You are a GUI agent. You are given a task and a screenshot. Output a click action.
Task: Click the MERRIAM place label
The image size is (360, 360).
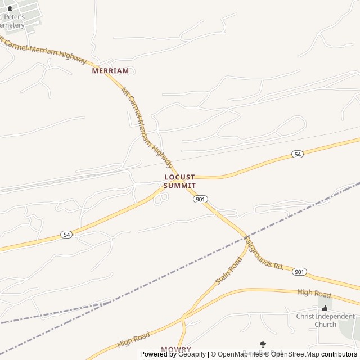(x=111, y=71)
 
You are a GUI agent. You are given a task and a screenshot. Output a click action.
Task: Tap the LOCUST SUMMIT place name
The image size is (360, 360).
(x=180, y=181)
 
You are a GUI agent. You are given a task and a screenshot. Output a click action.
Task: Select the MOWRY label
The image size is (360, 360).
(x=176, y=349)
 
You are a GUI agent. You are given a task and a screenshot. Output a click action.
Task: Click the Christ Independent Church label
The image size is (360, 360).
(x=325, y=320)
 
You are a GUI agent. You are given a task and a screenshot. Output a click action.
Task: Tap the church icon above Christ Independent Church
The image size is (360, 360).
(x=325, y=308)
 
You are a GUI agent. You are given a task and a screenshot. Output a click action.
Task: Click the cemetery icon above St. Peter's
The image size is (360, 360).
(x=10, y=8)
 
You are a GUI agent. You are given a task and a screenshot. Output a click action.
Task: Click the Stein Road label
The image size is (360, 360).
(x=228, y=270)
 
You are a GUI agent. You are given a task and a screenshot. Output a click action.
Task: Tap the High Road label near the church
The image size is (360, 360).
(x=314, y=293)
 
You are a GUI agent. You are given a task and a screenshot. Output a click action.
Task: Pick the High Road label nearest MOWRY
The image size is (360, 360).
(x=133, y=340)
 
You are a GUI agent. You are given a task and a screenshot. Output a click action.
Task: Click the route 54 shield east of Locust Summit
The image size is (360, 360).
(x=298, y=154)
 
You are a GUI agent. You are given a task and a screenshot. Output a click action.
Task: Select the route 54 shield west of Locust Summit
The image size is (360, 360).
(x=67, y=235)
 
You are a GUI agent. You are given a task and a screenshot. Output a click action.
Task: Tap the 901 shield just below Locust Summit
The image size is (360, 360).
(x=200, y=199)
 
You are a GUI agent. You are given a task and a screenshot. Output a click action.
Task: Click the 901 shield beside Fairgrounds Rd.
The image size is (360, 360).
(x=299, y=272)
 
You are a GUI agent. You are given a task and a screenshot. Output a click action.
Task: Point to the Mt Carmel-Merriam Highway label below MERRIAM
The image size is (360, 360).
(x=147, y=127)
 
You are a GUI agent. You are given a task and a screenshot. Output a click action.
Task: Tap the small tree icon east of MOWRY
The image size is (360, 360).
(x=263, y=344)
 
